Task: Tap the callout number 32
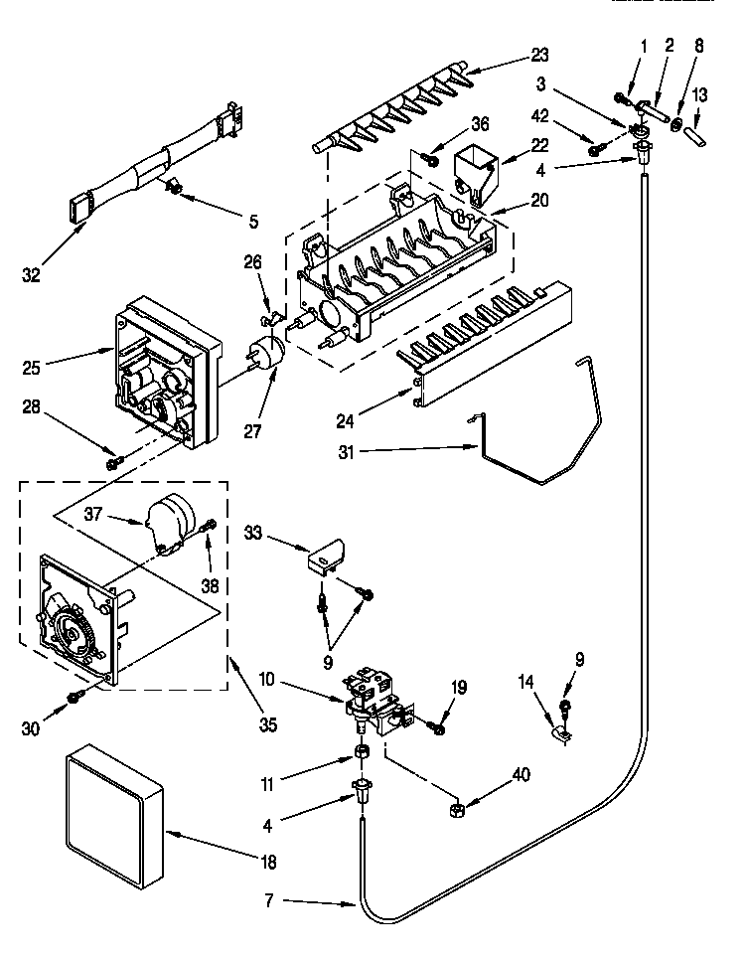(x=33, y=275)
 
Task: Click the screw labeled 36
(x=434, y=155)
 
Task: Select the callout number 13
(x=700, y=95)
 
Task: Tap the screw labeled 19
(x=436, y=730)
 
